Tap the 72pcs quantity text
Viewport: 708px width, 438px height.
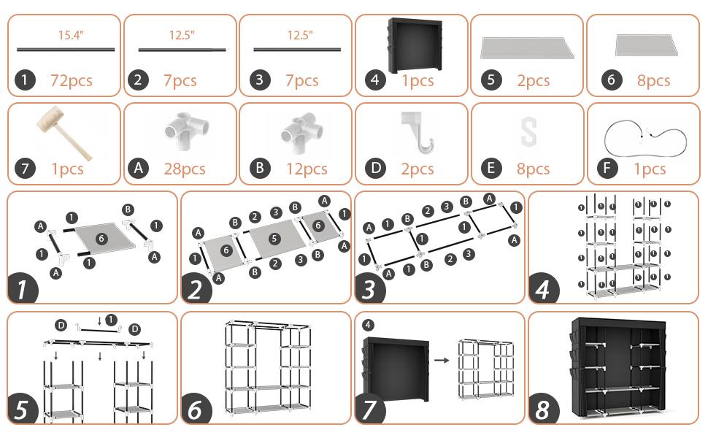pyautogui.click(x=71, y=80)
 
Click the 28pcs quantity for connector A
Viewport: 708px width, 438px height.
pyautogui.click(x=184, y=169)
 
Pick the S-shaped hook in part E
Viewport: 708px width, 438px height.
pyautogui.click(x=528, y=133)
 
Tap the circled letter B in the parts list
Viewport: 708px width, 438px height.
pyautogui.click(x=259, y=169)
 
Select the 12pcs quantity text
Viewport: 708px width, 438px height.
pyautogui.click(x=306, y=169)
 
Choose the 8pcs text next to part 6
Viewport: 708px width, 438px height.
pyautogui.click(x=653, y=80)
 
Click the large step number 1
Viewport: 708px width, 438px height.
pyautogui.click(x=23, y=288)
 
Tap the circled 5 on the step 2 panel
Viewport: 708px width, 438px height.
pyautogui.click(x=274, y=239)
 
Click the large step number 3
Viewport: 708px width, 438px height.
pyautogui.click(x=369, y=289)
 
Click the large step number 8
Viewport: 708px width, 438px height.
pyautogui.click(x=542, y=410)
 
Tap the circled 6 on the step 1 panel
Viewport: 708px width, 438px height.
pyautogui.click(x=101, y=238)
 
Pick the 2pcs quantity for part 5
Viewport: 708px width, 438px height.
pyautogui.click(x=533, y=80)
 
